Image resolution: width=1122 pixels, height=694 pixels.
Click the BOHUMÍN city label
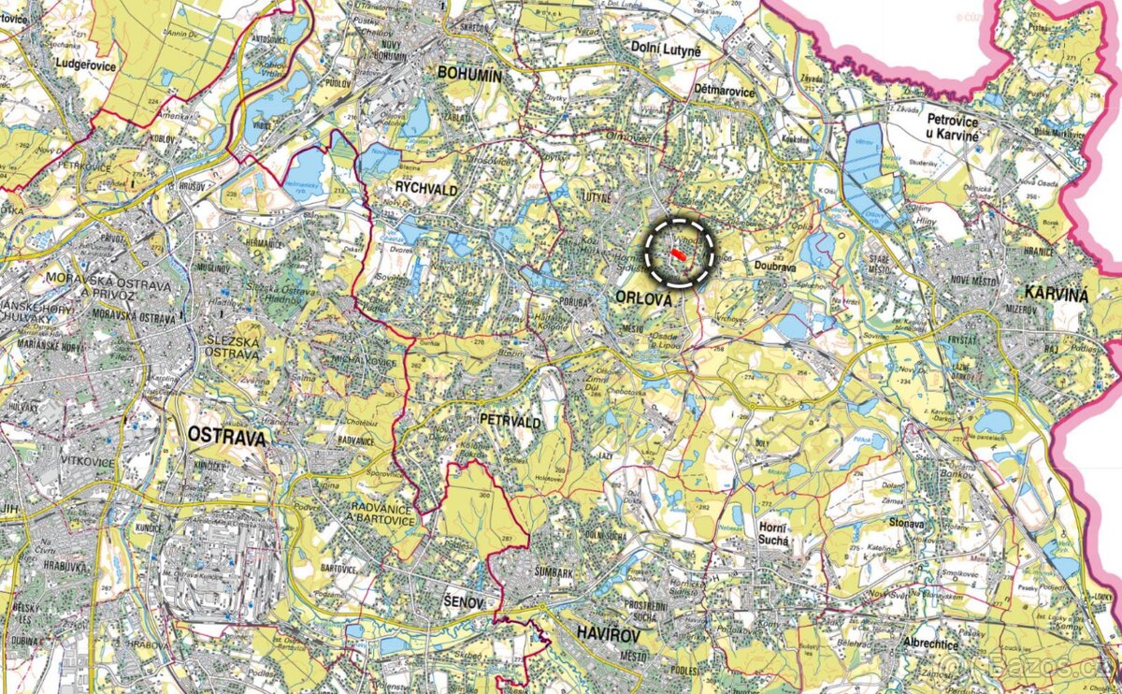pyautogui.click(x=470, y=76)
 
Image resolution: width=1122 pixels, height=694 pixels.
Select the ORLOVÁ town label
pyautogui.click(x=644, y=298)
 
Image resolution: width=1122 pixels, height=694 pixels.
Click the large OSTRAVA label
pyautogui.click(x=227, y=436)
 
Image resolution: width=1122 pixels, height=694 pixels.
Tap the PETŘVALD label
pyautogui.click(x=510, y=423)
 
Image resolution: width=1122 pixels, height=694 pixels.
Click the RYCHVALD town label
pyautogui.click(x=426, y=187)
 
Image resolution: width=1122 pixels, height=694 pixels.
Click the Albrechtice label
pyautogui.click(x=931, y=644)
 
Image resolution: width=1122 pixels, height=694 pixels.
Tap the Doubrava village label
pyautogui.click(x=774, y=266)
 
